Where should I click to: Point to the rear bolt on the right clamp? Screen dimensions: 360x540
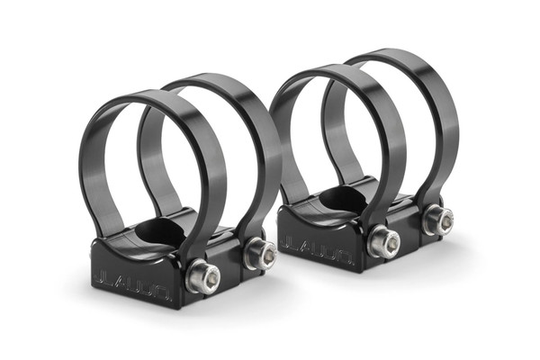[440, 220]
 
